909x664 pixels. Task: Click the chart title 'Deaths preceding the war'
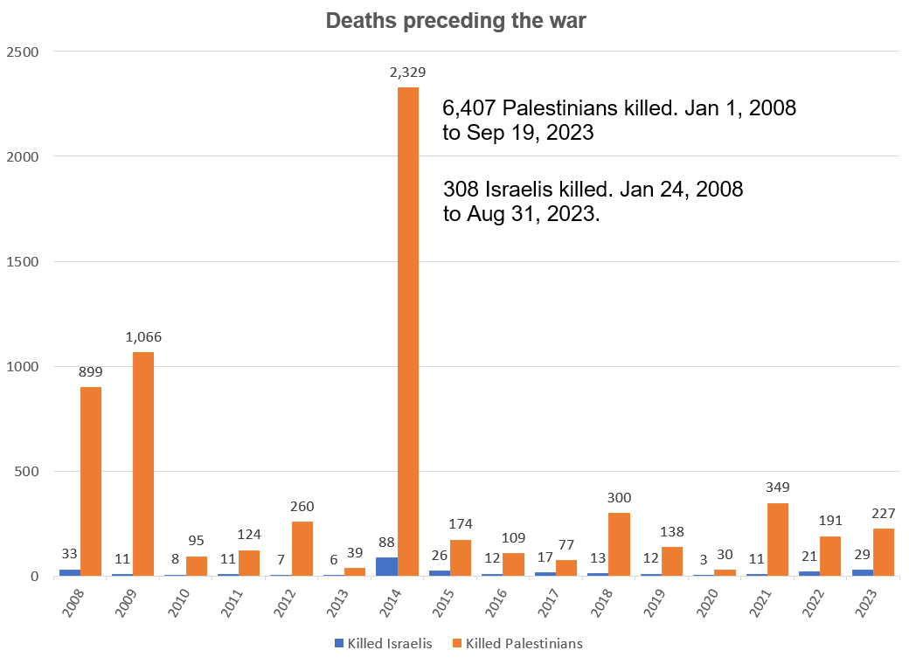tap(455, 22)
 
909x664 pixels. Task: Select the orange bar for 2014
tap(408, 332)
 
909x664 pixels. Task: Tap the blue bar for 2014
tap(386, 567)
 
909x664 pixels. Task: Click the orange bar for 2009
tap(144, 464)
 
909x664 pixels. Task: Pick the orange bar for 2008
tap(91, 481)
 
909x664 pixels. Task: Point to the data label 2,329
tap(408, 73)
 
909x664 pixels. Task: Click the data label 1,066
tap(144, 337)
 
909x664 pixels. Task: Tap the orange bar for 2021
tap(778, 539)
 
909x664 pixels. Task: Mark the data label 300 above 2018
tap(620, 497)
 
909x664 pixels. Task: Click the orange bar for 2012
tap(302, 549)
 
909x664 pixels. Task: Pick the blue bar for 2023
tap(862, 573)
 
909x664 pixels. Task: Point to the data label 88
tap(386, 542)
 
